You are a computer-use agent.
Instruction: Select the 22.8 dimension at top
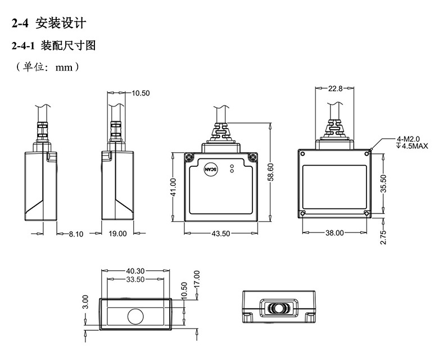click(336, 88)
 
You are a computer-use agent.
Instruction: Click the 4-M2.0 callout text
click(409, 139)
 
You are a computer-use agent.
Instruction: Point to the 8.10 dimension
click(76, 234)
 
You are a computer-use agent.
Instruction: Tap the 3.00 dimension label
click(85, 302)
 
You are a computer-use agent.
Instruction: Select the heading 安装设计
click(60, 24)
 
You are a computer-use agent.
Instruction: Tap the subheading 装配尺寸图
click(69, 45)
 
